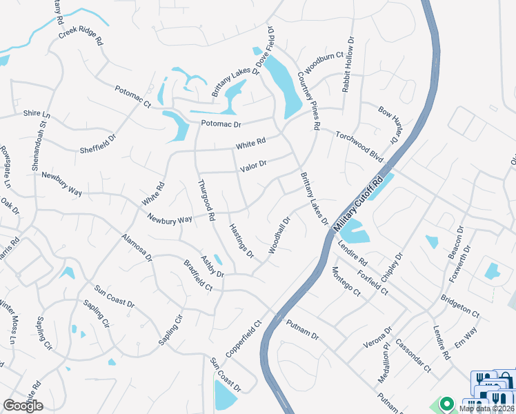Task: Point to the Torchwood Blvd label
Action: pyautogui.click(x=359, y=147)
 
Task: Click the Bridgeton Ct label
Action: pyautogui.click(x=460, y=308)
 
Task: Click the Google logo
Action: pyautogui.click(x=23, y=405)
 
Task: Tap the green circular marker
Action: pyautogui.click(x=446, y=404)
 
